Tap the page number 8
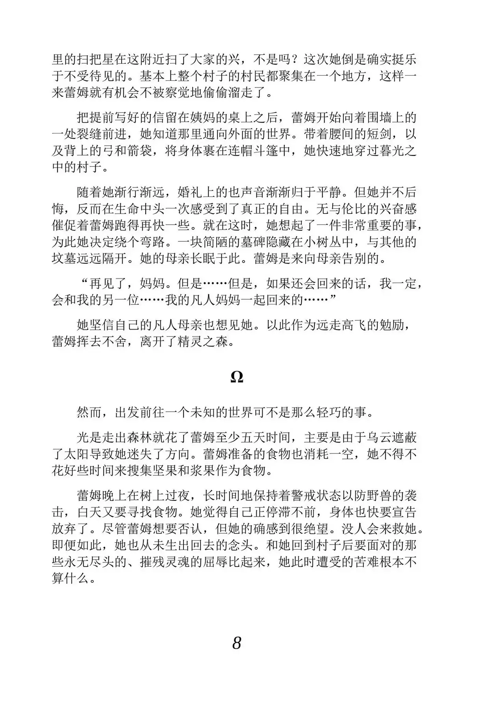coord(236,643)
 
